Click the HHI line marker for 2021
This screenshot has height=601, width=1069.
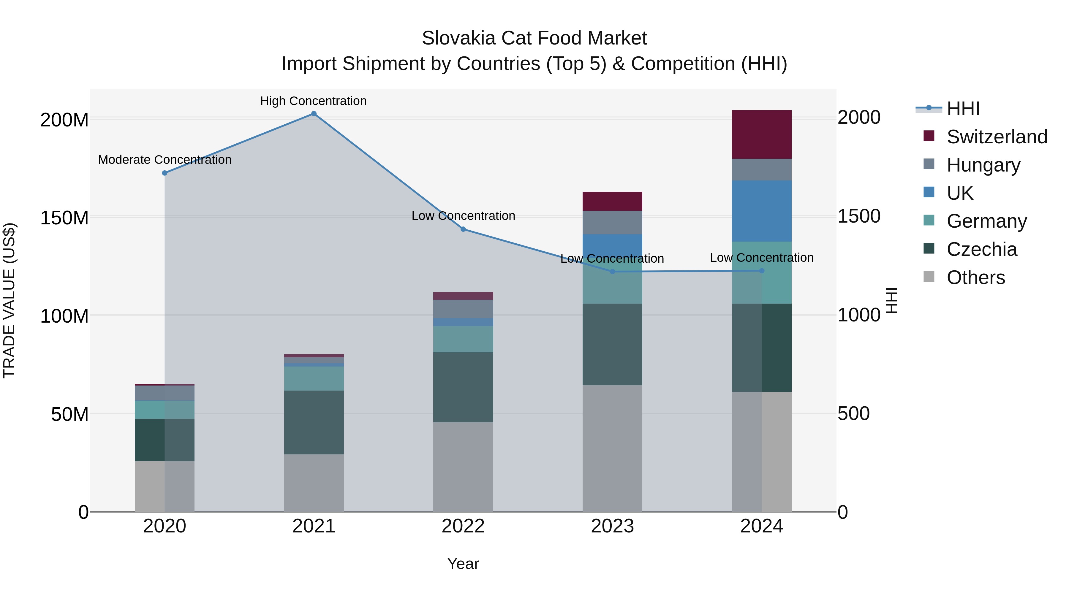pos(314,114)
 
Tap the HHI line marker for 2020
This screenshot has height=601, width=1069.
pos(165,173)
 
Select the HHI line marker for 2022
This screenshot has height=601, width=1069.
pos(463,229)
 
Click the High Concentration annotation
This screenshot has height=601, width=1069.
pos(313,101)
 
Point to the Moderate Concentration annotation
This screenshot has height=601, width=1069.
pos(165,160)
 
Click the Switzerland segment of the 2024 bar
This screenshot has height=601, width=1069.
pos(761,134)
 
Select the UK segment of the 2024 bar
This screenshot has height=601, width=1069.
pos(761,211)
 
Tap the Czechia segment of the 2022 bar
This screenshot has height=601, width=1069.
pos(463,387)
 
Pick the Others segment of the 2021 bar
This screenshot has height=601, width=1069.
pos(314,483)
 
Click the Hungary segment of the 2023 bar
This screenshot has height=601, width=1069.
pos(612,222)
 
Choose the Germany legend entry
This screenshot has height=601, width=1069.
pos(986,221)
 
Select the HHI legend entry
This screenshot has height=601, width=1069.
pos(963,109)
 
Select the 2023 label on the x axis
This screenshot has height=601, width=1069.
pos(612,526)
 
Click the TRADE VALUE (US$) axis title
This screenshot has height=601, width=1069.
pos(9,300)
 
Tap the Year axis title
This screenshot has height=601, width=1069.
pos(463,564)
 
